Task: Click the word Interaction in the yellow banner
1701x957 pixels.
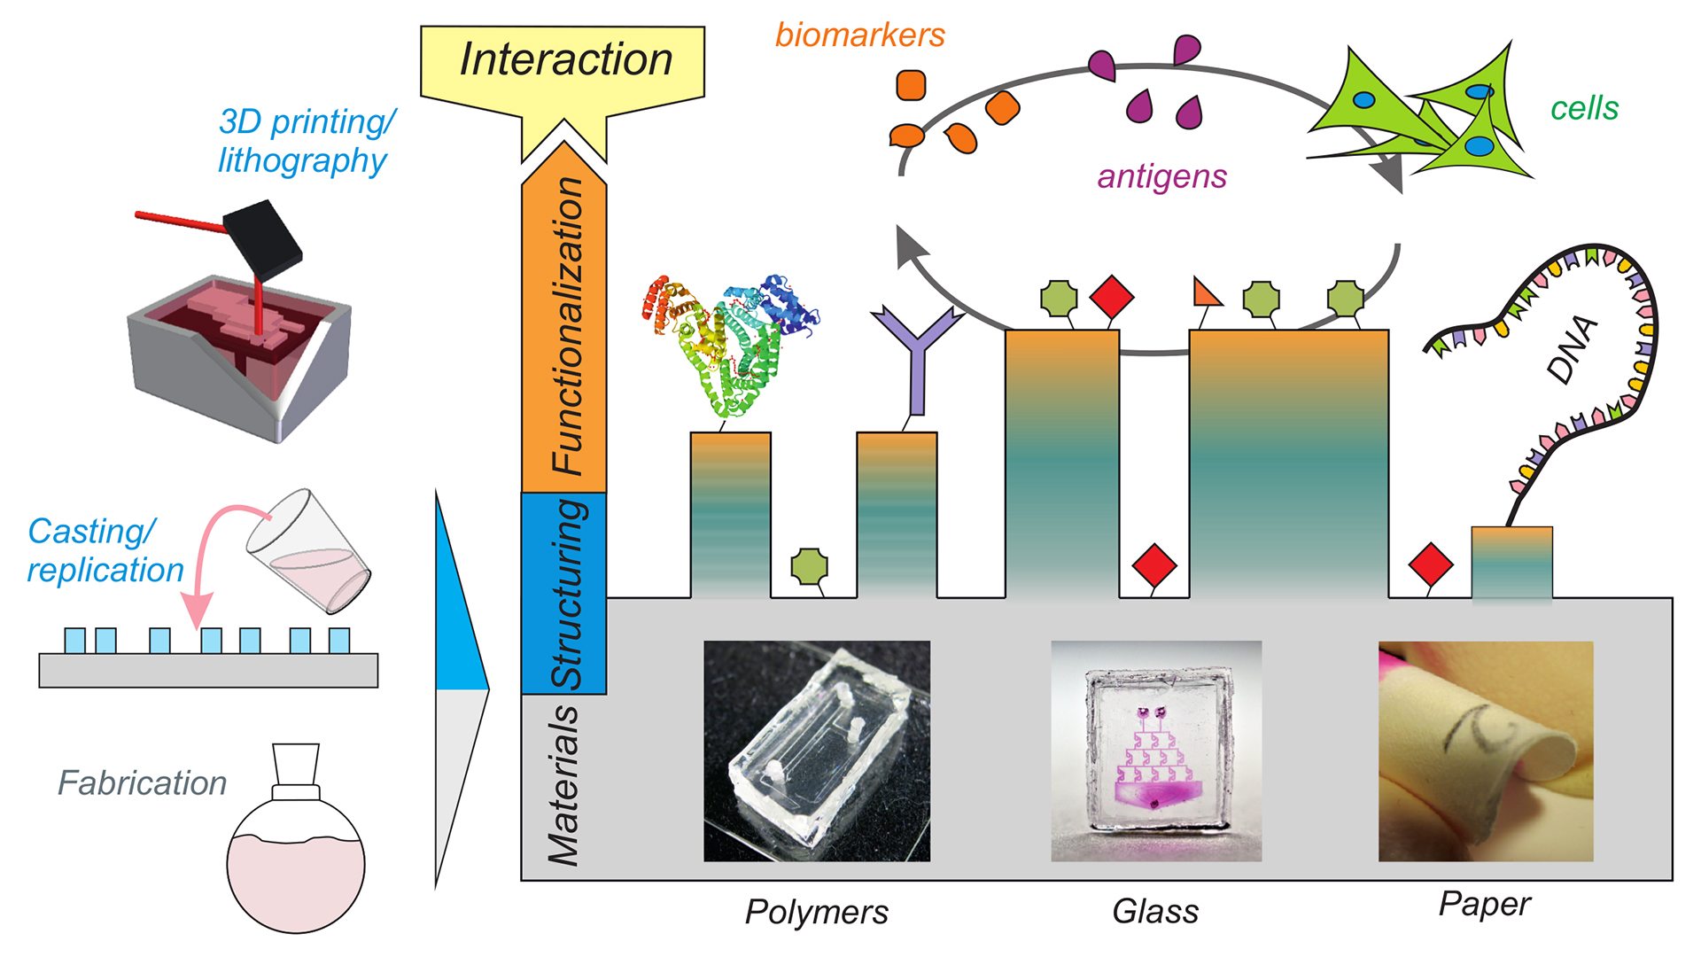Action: coord(565,60)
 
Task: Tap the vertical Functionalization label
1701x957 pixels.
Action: coord(567,326)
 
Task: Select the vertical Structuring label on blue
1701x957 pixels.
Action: coord(567,594)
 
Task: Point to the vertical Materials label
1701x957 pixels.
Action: coord(563,785)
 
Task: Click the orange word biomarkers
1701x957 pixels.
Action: coord(859,35)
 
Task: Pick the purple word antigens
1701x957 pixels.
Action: coord(1161,176)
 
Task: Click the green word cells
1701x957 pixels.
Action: coord(1584,108)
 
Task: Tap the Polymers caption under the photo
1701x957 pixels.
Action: coord(816,912)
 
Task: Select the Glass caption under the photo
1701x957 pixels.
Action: coord(1155,912)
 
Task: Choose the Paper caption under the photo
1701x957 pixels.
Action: coord(1484,904)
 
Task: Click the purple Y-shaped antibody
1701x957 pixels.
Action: coord(917,354)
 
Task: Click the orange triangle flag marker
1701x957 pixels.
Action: coord(1205,292)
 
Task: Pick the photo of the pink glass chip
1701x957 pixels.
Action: coord(1156,751)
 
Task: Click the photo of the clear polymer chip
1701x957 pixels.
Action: coord(817,751)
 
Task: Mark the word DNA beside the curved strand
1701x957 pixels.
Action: coord(1573,350)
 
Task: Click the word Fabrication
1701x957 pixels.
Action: coord(142,783)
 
